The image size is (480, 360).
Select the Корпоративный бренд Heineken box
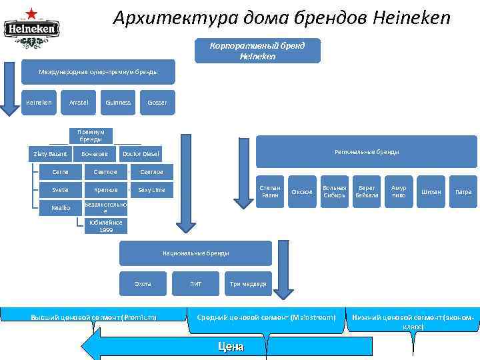257,51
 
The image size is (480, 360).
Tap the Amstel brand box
79,103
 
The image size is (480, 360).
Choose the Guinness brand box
118,103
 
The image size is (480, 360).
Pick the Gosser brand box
157,103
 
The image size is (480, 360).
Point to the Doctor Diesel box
141,154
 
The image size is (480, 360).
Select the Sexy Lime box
151,190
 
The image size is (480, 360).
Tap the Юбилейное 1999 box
106,227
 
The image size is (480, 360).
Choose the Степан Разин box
270,191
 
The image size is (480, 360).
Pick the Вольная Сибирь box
334,191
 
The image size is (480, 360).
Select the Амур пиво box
398,191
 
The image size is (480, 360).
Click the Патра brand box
463,192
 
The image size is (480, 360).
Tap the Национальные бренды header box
195,253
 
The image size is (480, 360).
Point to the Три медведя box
248,284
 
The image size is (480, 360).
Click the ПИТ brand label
195,284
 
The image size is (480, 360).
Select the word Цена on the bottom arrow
231,347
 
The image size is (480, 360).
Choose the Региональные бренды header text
367,153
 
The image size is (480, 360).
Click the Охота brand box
143,284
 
